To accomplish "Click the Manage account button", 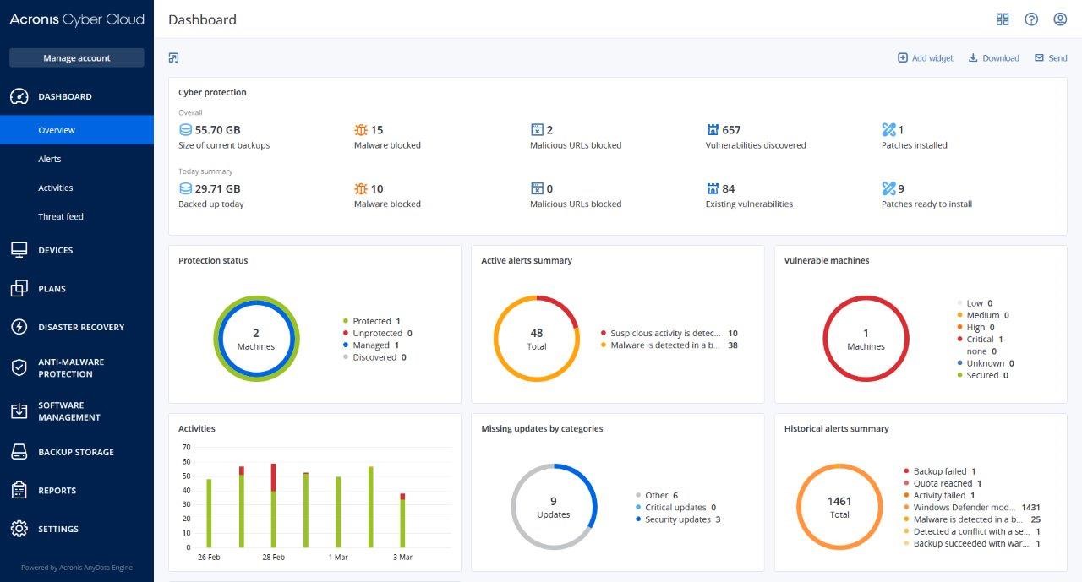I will (77, 57).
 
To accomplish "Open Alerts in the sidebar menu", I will (50, 159).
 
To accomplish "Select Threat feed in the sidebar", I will (61, 216).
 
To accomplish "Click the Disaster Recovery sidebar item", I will (80, 327).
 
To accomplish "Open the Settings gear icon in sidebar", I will (19, 529).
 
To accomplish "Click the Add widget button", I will (926, 58).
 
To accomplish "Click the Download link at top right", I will (994, 58).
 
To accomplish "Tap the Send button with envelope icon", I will (1051, 58).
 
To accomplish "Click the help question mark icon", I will (1031, 19).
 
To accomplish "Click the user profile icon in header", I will (1060, 19).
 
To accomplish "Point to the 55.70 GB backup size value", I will (217, 130).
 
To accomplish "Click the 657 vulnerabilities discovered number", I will (731, 130).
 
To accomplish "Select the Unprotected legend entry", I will (377, 333).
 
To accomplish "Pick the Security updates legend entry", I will (677, 519).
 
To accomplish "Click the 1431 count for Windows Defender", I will (1030, 508).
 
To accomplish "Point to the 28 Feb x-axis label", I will (273, 558).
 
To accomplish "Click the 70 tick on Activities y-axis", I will (186, 447).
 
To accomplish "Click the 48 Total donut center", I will (536, 339).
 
